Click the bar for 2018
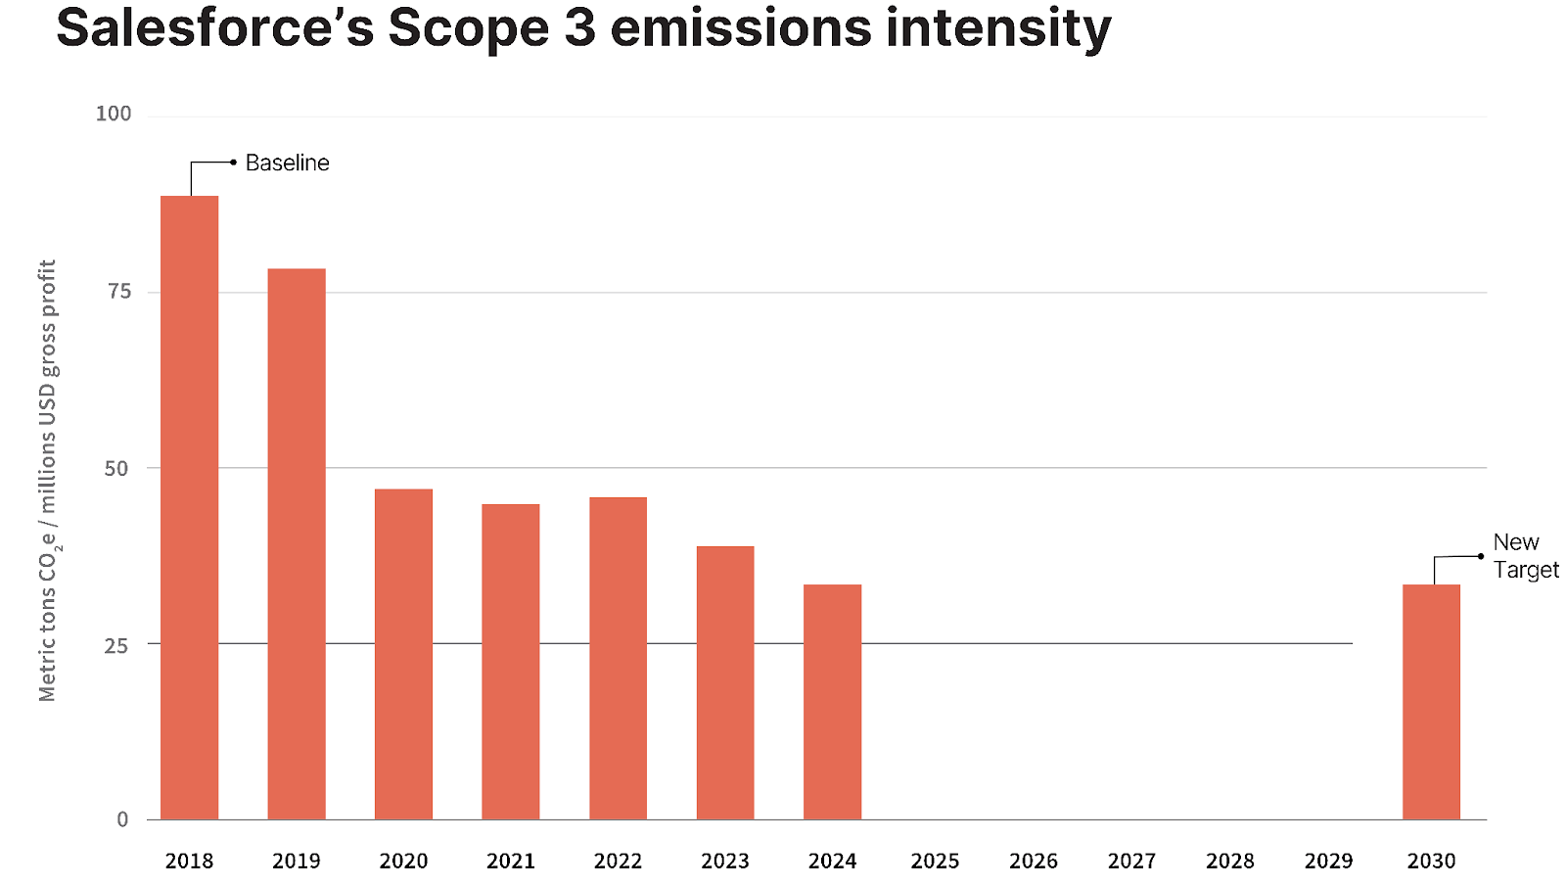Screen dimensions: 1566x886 coord(190,508)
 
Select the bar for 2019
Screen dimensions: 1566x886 coord(297,544)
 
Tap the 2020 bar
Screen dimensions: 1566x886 coord(403,654)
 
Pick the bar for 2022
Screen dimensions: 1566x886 coord(618,658)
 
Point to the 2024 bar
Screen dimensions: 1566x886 coord(832,702)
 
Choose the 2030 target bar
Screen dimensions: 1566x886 coord(1431,702)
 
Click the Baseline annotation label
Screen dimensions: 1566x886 coord(288,163)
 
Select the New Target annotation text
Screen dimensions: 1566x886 coord(1526,556)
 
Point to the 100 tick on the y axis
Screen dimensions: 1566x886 coord(114,114)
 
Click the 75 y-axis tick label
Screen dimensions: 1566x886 coord(119,291)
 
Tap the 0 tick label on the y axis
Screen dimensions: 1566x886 coord(123,819)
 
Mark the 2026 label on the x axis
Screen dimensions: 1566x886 coord(1034,861)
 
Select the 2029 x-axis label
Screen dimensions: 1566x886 coord(1328,861)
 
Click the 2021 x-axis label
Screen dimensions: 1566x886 coord(510,861)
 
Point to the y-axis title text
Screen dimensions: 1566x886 coord(48,481)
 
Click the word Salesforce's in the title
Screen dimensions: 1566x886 coord(214,28)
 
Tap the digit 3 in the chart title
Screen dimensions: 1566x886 coord(579,28)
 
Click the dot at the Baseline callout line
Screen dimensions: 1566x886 coord(234,163)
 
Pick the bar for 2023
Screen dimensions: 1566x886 coord(725,682)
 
